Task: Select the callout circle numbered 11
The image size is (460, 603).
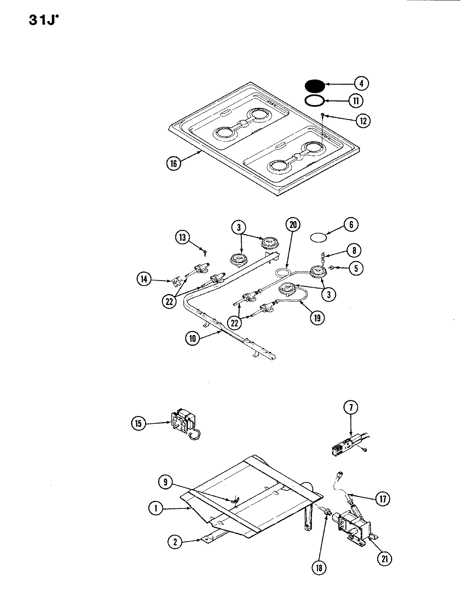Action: point(356,101)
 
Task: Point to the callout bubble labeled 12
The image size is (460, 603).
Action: point(363,121)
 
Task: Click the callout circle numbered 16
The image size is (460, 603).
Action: point(174,163)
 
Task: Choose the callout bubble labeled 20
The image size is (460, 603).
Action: point(293,225)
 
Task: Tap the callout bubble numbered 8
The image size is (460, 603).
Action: point(354,250)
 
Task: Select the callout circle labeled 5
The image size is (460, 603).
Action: point(356,268)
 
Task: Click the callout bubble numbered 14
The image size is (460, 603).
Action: point(144,279)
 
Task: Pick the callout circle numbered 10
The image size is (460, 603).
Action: point(193,339)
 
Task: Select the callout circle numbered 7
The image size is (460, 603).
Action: point(351,407)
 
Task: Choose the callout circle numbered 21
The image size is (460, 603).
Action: point(385,558)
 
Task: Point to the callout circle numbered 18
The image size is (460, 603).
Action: point(320,568)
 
